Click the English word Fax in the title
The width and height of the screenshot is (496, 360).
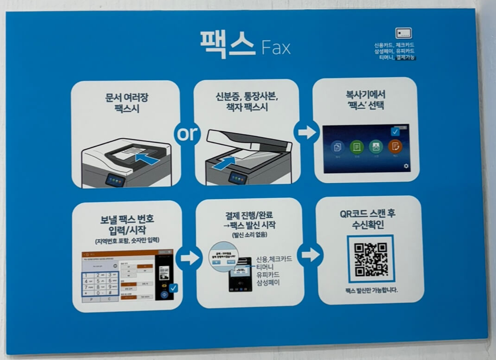[x=276, y=47]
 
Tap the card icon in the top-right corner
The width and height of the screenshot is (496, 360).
[x=403, y=33]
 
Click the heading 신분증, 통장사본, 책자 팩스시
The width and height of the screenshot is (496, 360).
[x=246, y=103]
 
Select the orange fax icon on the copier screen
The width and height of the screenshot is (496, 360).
[x=395, y=147]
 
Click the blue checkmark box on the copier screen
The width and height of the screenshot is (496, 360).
[x=395, y=132]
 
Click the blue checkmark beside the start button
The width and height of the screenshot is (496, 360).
[x=173, y=288]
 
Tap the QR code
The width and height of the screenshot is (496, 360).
[x=371, y=259]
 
